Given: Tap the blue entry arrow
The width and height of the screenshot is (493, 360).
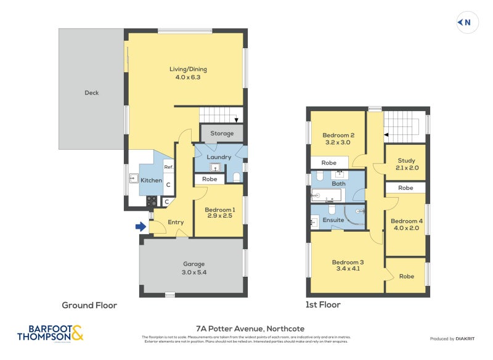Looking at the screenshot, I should (141, 227).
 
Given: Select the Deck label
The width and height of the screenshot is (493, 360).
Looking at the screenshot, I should (91, 93).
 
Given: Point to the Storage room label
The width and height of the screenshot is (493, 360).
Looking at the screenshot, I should (222, 133).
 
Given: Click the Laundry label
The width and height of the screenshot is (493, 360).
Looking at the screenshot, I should (219, 157).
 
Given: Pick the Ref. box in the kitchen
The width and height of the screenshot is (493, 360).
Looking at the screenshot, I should (168, 167).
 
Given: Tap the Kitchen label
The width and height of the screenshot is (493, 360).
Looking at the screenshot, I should (151, 181).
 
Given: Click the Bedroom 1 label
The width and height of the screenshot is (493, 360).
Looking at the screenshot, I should (220, 210).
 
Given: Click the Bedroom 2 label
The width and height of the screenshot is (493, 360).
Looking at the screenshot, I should (338, 135).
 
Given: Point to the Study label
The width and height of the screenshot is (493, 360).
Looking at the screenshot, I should (405, 161).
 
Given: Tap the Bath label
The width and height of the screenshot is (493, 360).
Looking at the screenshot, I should (338, 184).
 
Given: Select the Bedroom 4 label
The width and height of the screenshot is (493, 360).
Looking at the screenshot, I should (407, 221).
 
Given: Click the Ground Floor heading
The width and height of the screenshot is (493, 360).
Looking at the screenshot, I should (89, 305).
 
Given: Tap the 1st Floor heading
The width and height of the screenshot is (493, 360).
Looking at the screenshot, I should (323, 305).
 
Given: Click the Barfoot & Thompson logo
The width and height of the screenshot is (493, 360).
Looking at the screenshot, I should (50, 333).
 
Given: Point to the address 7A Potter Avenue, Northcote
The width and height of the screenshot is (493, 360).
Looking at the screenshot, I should (246, 329).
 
